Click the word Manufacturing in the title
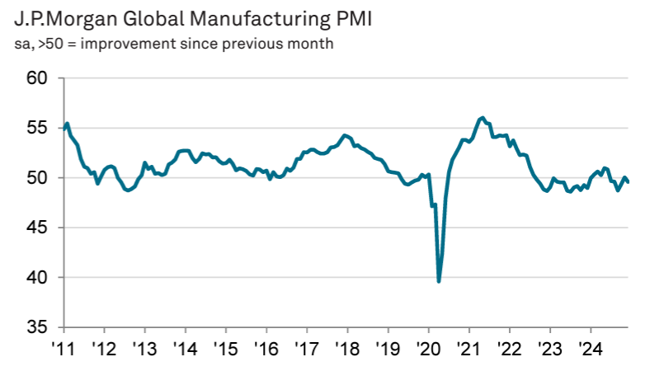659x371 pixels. (261, 20)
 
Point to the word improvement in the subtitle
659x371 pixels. (128, 44)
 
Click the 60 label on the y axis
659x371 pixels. (37, 78)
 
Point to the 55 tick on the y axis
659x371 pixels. (37, 128)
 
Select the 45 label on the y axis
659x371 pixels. (37, 228)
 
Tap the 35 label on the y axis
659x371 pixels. (37, 327)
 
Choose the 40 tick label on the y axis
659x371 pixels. (37, 277)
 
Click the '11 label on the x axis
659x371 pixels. (64, 348)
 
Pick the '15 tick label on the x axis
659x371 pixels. (226, 348)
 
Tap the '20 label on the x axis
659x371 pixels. (429, 348)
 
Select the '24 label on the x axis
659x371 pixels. (591, 348)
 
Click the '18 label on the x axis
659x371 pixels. (347, 348)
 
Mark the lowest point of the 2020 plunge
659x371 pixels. (439, 281)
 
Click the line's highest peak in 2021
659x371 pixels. (482, 118)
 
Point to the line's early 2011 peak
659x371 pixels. (68, 124)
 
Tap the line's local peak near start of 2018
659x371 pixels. (344, 135)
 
